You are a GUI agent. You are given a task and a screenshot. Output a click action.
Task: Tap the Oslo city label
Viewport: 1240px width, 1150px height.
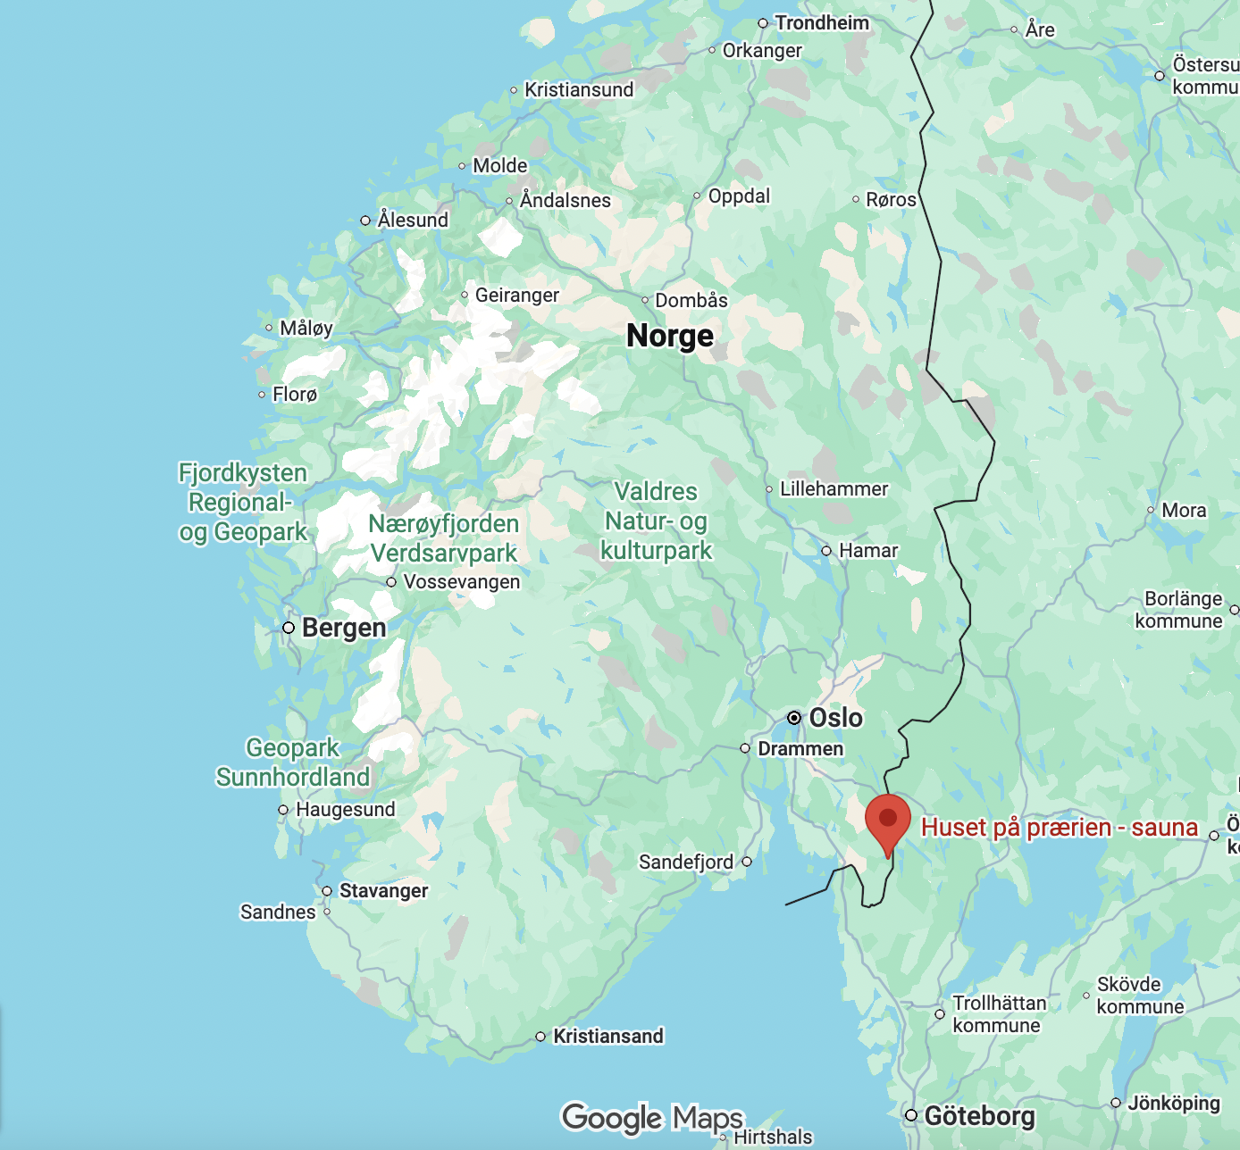[835, 718]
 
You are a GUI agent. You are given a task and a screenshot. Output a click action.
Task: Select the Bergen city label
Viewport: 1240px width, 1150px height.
[344, 628]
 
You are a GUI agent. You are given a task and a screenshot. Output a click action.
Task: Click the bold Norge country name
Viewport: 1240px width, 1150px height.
[670, 336]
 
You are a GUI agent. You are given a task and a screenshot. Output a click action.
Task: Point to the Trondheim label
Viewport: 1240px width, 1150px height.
[821, 23]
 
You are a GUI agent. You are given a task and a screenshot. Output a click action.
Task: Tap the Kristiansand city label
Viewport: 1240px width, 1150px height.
[608, 1036]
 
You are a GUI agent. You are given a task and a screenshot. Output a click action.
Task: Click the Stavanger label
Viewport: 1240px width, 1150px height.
[383, 891]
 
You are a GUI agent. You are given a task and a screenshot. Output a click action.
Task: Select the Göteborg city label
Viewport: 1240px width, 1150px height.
[979, 1116]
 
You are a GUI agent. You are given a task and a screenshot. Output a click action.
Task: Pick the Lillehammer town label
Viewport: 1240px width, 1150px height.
[834, 489]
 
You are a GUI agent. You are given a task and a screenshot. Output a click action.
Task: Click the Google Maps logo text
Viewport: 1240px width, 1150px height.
[652, 1118]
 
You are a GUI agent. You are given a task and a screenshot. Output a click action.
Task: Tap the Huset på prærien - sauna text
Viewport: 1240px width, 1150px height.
[1059, 828]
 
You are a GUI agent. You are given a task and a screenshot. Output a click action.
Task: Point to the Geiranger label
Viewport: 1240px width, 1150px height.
[516, 296]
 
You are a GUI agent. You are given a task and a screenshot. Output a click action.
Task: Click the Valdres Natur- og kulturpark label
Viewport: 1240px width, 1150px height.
[656, 521]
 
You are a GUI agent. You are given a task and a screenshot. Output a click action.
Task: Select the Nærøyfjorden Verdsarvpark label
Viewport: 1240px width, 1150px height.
[444, 538]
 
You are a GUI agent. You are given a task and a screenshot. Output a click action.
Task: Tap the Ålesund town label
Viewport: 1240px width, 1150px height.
[413, 220]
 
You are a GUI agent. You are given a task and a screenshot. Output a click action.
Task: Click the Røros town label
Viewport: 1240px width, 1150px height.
[891, 200]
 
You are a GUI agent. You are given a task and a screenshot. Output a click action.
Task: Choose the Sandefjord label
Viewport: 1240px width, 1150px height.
[685, 862]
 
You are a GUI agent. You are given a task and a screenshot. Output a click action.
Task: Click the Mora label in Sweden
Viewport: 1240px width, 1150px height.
[1184, 511]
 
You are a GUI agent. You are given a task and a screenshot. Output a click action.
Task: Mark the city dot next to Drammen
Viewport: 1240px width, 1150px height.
[745, 748]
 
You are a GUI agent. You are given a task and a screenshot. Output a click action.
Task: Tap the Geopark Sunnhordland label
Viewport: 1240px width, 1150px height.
[293, 762]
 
